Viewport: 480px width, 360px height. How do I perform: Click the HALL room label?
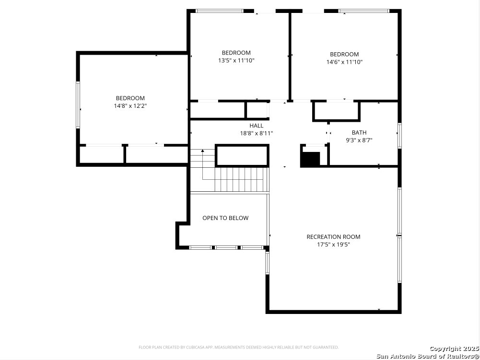[x=256, y=126]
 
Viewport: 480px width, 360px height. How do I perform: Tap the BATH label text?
[x=359, y=133]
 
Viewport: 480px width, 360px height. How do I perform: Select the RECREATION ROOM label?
[x=333, y=237]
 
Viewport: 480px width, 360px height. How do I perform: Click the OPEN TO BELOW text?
[x=225, y=218]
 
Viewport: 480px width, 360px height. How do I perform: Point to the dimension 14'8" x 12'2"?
[x=130, y=106]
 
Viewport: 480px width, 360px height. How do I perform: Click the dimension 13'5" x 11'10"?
[x=236, y=60]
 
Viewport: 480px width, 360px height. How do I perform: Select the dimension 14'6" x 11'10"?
[x=344, y=62]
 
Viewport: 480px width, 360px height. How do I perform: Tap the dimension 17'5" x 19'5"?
[x=333, y=244]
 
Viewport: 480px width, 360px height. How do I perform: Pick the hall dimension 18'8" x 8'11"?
[x=256, y=133]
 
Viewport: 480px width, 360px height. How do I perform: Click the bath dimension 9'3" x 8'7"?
[x=359, y=140]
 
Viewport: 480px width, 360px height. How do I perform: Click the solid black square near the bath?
[x=310, y=159]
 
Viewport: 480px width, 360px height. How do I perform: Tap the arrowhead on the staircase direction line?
[x=202, y=151]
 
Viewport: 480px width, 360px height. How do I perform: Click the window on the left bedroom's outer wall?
[x=78, y=105]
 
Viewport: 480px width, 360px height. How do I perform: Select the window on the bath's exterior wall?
[x=399, y=136]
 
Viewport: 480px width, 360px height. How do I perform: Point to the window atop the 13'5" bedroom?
[x=220, y=11]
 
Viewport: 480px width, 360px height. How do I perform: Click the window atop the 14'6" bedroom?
[x=363, y=11]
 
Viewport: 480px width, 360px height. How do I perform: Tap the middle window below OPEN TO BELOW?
[x=226, y=247]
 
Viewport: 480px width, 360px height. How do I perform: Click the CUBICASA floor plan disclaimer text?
[x=239, y=347]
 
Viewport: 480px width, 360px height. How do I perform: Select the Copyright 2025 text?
[x=454, y=348]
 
